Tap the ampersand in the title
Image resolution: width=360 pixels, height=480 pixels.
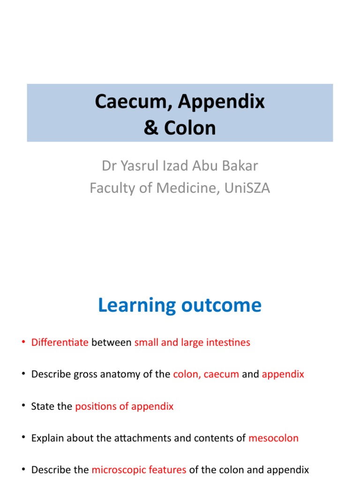coord(151,127)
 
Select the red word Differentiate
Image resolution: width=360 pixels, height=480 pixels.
coord(60,343)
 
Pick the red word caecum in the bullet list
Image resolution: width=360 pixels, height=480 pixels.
coord(221,375)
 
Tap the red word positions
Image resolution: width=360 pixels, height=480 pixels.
coord(95,406)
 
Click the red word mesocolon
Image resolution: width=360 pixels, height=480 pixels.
coord(273,438)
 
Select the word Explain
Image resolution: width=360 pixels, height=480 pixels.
coord(46,438)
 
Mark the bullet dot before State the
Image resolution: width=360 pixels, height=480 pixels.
coord(23,406)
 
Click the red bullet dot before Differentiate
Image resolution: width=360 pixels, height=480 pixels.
coord(23,343)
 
